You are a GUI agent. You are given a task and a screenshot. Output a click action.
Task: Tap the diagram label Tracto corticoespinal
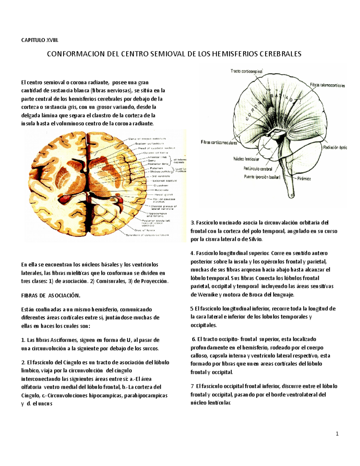tap(246, 71)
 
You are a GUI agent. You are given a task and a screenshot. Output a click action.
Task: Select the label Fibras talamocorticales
tap(327, 85)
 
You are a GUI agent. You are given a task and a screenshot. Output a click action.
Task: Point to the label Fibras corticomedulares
tap(219, 143)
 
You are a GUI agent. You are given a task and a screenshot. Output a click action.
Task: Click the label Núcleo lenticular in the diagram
tap(246, 159)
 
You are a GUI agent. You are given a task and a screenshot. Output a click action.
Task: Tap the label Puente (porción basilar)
tap(262, 177)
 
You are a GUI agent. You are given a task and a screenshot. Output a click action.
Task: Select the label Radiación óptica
tap(335, 147)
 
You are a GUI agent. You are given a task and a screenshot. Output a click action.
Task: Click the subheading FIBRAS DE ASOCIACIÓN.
tap(51, 295)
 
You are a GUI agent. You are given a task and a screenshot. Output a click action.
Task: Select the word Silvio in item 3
tap(255, 239)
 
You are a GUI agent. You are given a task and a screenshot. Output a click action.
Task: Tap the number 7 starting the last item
tap(192, 386)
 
